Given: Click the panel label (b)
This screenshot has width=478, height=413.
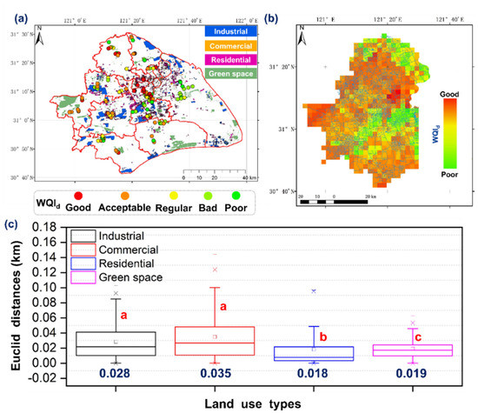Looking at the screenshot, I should (295, 12).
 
